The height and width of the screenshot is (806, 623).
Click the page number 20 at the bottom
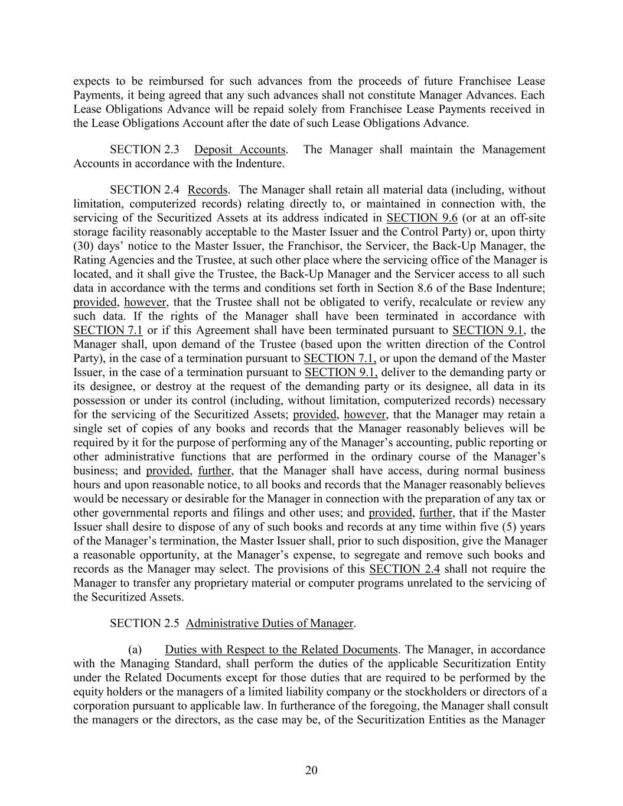tap(311, 770)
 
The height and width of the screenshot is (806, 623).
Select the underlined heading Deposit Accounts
tap(240, 149)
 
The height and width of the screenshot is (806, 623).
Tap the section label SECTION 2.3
tap(144, 149)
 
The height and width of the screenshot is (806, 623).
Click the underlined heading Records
tap(207, 190)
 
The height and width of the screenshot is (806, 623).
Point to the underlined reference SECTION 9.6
tap(422, 218)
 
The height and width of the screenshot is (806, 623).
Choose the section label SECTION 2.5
tap(144, 623)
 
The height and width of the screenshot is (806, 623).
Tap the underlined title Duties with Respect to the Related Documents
tap(281, 650)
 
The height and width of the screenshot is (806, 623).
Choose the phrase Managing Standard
tap(132, 664)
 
